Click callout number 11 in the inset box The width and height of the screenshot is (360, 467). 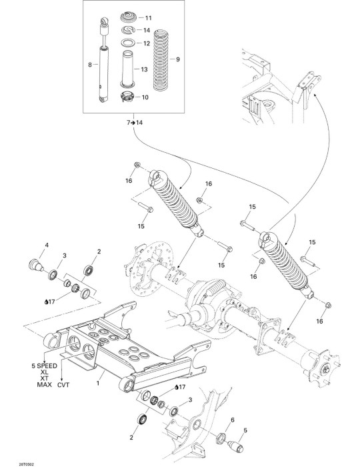(148, 18)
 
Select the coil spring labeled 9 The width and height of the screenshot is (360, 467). (162, 59)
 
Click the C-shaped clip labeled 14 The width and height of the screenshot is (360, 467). (129, 29)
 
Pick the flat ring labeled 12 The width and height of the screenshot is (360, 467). (129, 43)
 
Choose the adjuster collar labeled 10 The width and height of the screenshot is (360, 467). (128, 97)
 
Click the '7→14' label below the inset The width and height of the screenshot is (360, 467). (135, 122)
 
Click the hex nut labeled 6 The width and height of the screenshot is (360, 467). (220, 437)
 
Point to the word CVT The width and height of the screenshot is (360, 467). (63, 385)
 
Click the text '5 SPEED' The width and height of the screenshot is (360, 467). (44, 366)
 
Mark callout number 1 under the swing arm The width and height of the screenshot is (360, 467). (98, 383)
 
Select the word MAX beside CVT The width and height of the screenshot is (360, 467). (44, 385)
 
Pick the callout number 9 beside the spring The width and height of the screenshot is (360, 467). (178, 59)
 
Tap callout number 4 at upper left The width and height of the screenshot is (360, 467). (47, 245)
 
